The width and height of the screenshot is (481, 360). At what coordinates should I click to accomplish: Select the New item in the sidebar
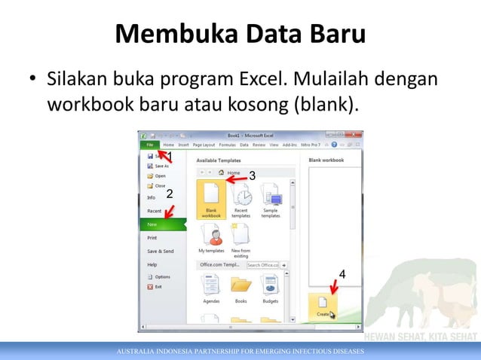pos(153,224)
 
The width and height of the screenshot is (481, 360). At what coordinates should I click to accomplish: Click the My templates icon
pos(212,237)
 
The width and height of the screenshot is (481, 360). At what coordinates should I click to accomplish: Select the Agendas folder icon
pos(212,286)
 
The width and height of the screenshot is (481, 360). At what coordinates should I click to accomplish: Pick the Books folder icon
pos(241,286)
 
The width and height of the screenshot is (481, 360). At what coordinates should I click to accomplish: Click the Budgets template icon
pos(271,286)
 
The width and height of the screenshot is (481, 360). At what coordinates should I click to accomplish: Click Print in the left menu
pos(153,238)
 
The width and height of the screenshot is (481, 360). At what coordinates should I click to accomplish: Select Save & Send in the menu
pos(160,251)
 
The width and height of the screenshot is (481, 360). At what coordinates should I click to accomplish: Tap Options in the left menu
pos(161,277)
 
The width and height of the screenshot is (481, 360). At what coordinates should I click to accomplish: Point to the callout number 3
pos(252,175)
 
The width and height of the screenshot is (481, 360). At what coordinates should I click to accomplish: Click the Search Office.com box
pos(262,265)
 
